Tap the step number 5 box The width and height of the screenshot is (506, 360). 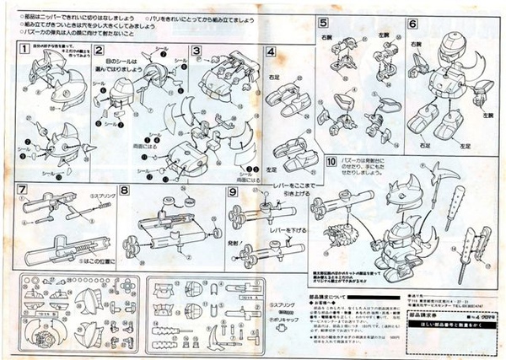[x=324, y=23]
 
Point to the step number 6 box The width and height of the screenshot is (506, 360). [x=412, y=23]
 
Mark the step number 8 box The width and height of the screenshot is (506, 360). [x=125, y=190]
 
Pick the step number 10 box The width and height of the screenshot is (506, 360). [x=331, y=161]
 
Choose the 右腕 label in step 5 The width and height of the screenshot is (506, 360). [x=326, y=38]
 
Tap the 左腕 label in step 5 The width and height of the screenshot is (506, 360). [x=383, y=35]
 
